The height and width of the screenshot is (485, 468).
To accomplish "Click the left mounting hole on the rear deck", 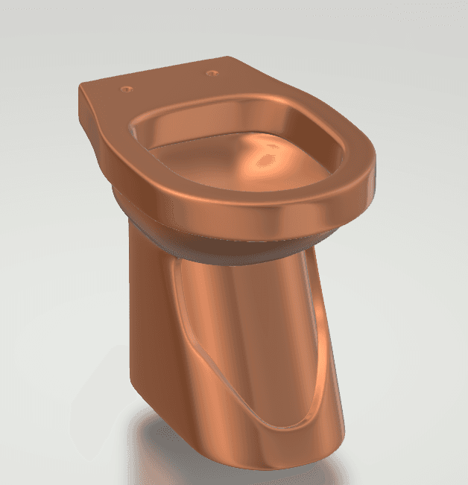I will click(125, 89).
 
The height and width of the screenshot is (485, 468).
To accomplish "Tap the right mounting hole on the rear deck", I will click(212, 73).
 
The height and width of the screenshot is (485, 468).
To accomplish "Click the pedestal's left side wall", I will click(149, 320).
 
